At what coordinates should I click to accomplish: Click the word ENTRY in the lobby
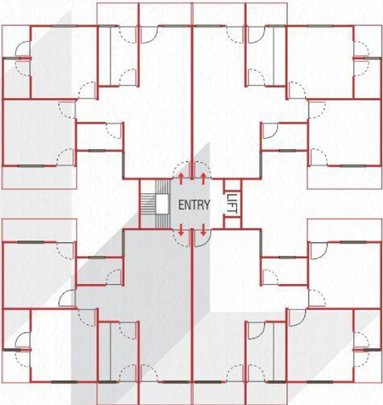[194, 205]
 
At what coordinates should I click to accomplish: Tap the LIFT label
[232, 204]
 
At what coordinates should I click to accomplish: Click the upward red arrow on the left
[181, 179]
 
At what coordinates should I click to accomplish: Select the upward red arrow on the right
[203, 179]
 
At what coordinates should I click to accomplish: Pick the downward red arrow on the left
[181, 230]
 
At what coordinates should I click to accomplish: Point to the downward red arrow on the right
[203, 230]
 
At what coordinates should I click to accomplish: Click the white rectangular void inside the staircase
[163, 204]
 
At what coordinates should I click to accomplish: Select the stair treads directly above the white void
[163, 187]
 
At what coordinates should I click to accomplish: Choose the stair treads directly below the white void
[163, 221]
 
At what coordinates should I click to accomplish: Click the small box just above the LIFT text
[232, 185]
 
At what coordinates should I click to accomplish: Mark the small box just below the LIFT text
[232, 223]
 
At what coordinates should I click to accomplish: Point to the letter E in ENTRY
[181, 205]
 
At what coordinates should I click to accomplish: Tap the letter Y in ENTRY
[207, 205]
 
